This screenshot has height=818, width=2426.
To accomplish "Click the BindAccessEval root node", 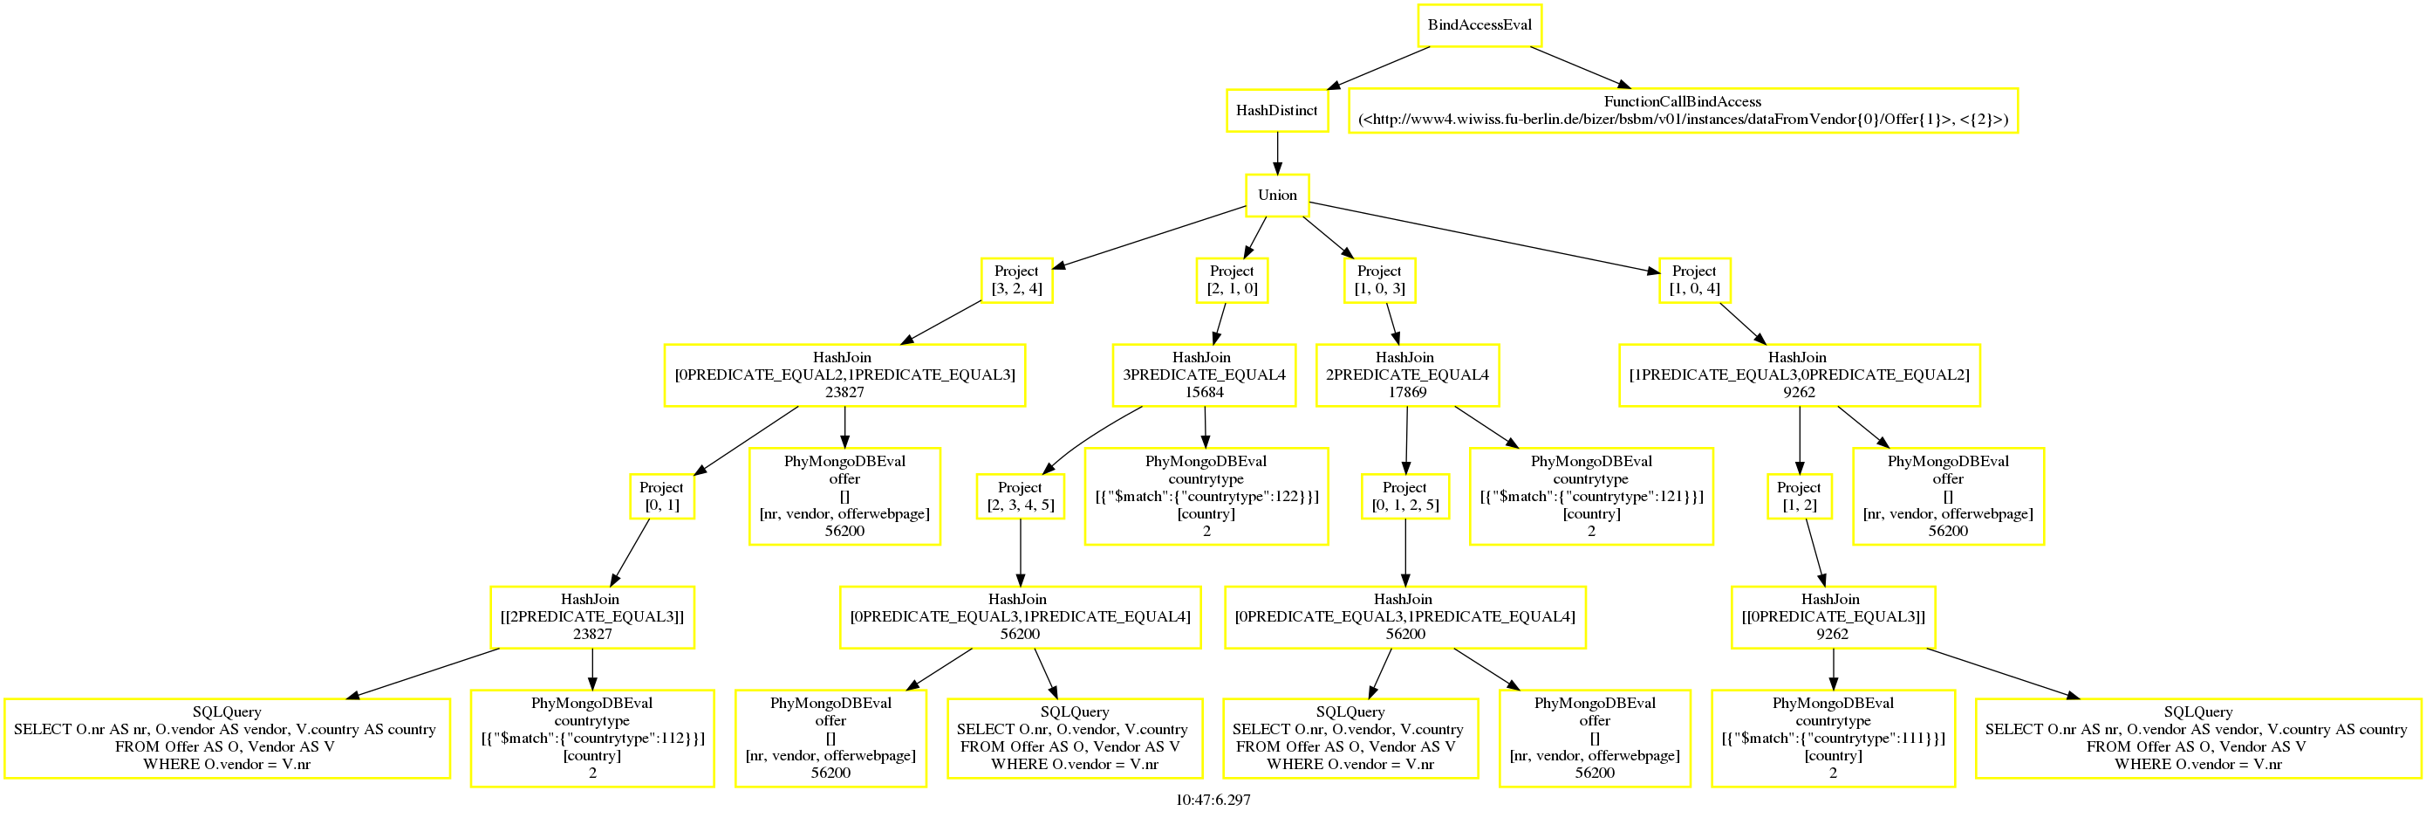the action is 1480,25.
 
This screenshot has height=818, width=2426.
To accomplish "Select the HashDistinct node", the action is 1277,110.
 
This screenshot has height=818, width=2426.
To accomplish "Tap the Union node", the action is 1277,195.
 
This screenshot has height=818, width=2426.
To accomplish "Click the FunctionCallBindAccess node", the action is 1683,110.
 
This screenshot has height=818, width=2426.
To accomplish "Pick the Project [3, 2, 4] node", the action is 1017,280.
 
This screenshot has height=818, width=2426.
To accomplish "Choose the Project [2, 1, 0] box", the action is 1232,280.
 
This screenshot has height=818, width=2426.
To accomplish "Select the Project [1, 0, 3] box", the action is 1380,280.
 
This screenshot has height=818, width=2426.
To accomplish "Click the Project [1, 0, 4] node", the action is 1694,280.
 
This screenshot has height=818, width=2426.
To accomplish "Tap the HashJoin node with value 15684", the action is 1204,375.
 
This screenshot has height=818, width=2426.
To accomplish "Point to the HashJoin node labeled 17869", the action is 1407,375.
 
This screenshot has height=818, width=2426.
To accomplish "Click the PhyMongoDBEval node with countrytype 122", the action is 1206,497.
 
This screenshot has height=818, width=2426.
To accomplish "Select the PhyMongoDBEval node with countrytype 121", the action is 1591,497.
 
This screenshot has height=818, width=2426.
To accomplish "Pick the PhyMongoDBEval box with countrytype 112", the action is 592,738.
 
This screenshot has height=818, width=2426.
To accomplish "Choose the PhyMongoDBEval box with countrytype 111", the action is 1833,738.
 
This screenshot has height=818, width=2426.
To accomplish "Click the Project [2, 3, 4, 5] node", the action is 1020,497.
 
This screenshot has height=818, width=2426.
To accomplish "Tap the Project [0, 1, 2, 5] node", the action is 1405,497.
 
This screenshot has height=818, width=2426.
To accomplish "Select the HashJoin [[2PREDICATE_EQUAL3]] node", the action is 592,617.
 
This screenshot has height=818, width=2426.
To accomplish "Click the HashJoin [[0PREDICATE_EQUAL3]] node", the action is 1833,617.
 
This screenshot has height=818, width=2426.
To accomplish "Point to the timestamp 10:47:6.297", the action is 1213,800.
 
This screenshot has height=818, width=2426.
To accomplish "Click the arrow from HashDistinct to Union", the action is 1277,154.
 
